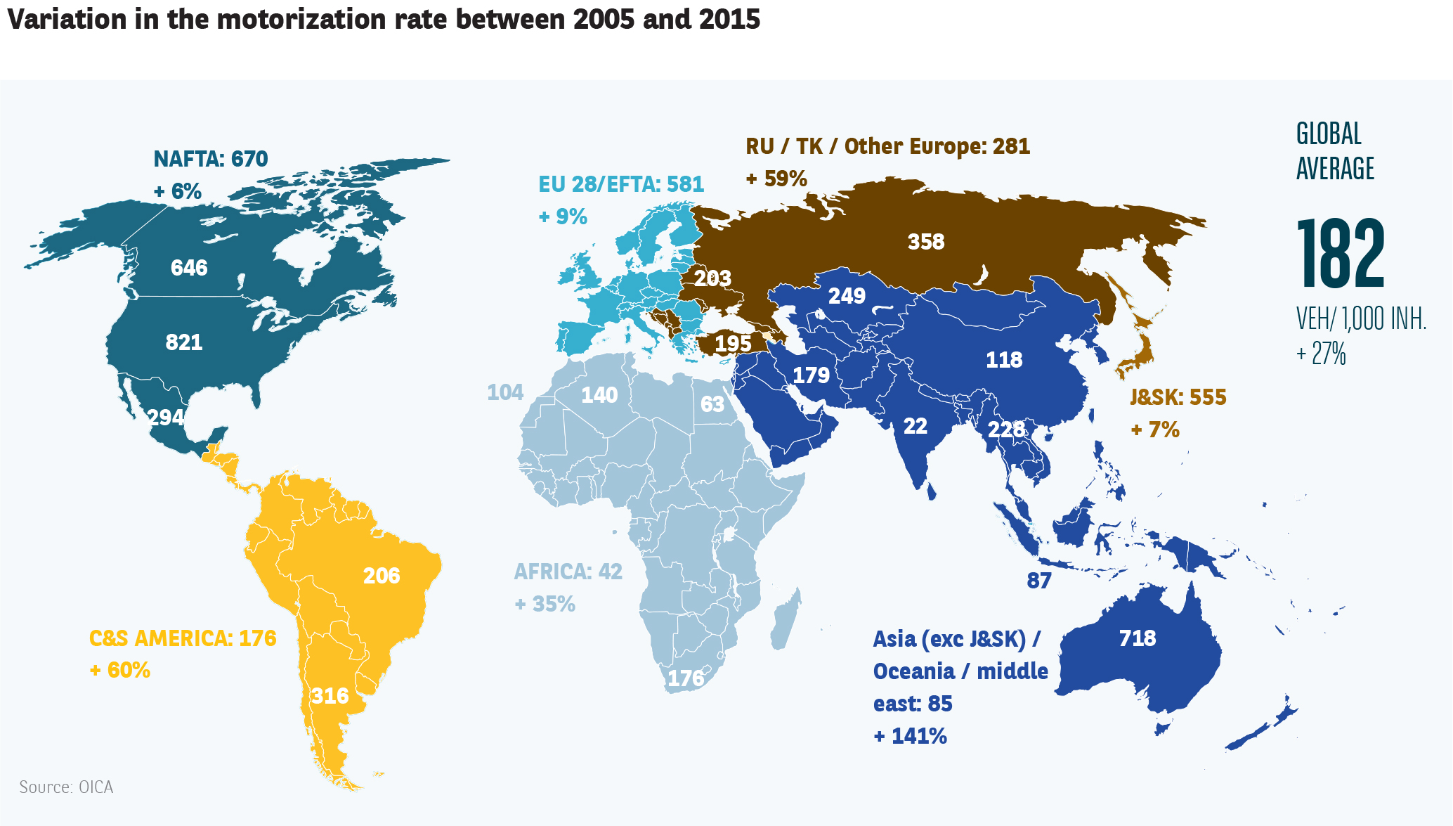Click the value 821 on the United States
tap(184, 342)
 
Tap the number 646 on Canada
tap(189, 268)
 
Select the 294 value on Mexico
tap(166, 418)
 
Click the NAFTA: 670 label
tap(211, 159)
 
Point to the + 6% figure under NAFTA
tap(177, 191)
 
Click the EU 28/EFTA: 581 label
tap(621, 184)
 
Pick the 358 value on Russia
tap(926, 242)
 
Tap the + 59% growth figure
tap(776, 179)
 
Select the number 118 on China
tap(1004, 360)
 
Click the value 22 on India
tap(915, 426)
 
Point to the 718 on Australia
tap(1138, 638)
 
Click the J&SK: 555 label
tap(1178, 397)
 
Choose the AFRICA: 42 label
tap(568, 572)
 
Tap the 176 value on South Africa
tap(686, 678)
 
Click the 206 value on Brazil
tap(382, 576)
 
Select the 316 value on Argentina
tap(330, 696)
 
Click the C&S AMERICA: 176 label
tap(183, 638)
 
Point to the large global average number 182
tap(1340, 254)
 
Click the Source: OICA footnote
tap(66, 787)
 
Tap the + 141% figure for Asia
tap(910, 736)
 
